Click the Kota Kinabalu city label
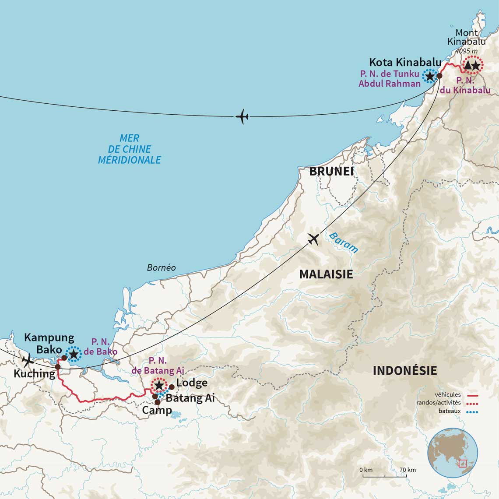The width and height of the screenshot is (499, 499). tap(405, 62)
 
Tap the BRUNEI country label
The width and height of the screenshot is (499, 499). tap(331, 171)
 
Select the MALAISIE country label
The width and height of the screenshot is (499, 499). tap(326, 274)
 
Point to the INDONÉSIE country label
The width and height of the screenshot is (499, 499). tap(404, 371)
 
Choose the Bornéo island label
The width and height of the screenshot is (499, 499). tap(161, 267)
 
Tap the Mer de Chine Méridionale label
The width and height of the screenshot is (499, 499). tap(130, 149)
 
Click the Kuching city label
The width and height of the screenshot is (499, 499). tap(34, 374)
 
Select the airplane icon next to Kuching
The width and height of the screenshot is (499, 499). tap(28, 361)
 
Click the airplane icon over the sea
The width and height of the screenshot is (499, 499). tap(242, 117)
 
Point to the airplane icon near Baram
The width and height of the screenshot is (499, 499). tap(313, 239)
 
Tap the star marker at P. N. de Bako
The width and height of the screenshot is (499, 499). tap(74, 353)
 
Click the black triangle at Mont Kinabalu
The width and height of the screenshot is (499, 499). tap(467, 66)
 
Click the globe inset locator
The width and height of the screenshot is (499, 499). tap(452, 453)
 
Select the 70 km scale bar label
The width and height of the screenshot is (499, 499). tap(408, 470)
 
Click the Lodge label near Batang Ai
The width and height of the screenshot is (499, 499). tap(191, 383)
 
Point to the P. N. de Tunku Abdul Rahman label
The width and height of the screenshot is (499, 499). tap(390, 78)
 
